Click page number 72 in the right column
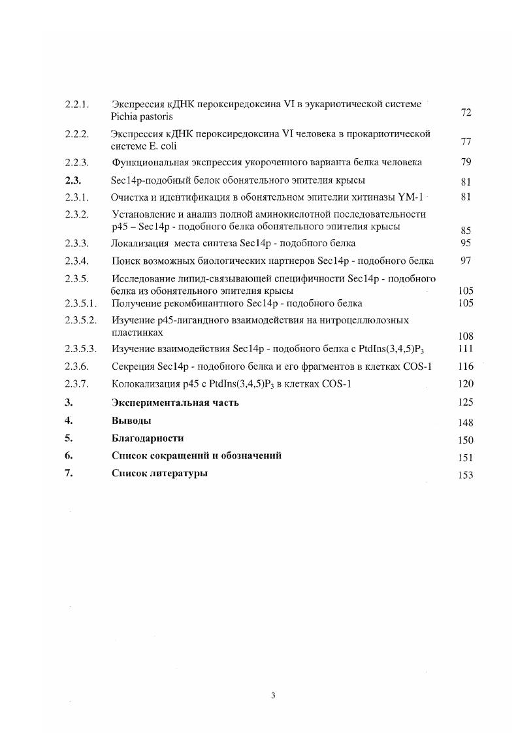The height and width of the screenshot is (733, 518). coord(466,113)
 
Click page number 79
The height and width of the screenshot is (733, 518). coord(466,163)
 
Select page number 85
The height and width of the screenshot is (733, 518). coord(466,231)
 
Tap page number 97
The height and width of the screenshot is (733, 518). coord(466,261)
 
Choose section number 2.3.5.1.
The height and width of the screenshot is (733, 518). coord(81,303)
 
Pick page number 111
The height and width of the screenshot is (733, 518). coord(466,350)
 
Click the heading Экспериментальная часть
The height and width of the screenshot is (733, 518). coord(175,402)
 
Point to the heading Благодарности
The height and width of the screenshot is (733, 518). coord(148,438)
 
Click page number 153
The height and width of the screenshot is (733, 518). coord(466,475)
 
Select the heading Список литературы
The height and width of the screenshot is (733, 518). coord(160,474)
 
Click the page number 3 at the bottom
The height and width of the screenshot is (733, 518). coord(273,695)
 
